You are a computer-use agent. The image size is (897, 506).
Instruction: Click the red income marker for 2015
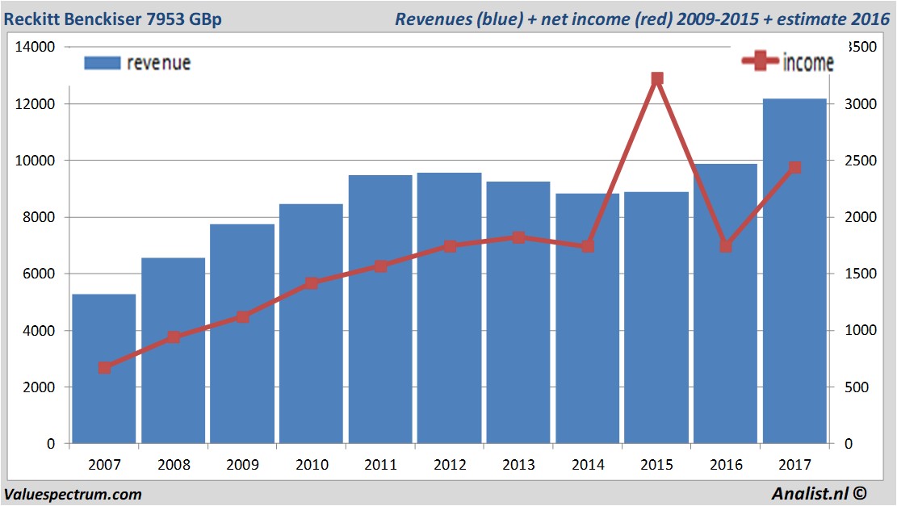click(656, 79)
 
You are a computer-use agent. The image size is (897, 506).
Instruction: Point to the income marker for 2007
click(104, 368)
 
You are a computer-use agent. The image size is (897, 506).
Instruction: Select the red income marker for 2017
click(794, 168)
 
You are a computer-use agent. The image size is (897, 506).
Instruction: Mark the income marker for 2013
click(518, 237)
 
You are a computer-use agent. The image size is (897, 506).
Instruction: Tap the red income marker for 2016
click(726, 246)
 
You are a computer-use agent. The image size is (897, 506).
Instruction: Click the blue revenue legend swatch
click(102, 63)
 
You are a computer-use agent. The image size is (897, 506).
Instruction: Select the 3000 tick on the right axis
click(859, 104)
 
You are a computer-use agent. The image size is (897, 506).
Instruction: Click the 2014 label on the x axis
click(587, 465)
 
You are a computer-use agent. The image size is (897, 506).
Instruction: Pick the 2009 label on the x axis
click(242, 465)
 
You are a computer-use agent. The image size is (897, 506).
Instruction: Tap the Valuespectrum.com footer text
click(73, 494)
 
